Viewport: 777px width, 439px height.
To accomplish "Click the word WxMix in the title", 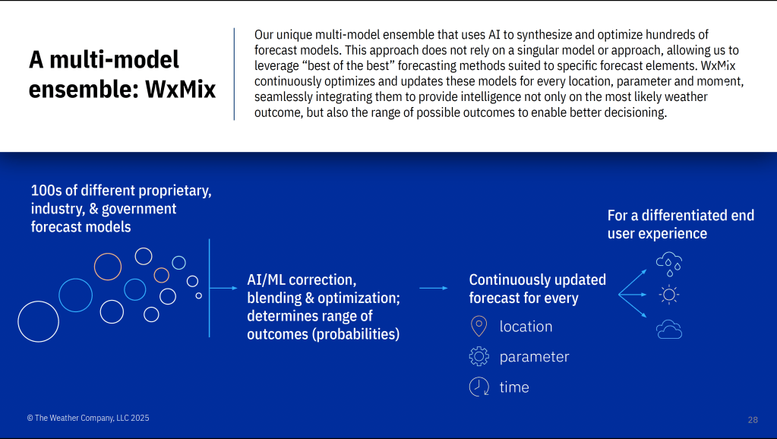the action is coord(180,89).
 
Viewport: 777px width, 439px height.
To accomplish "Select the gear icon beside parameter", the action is coord(479,356).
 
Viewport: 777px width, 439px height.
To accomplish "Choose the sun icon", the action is coord(669,295).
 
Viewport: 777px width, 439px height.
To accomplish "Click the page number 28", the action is coord(753,420).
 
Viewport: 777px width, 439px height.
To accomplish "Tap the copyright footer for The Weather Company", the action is coord(87,418).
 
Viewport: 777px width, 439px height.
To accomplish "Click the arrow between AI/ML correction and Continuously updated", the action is coord(434,288).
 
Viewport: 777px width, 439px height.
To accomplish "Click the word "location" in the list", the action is coord(526,327).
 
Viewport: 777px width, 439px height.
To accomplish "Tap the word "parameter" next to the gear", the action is coord(534,357).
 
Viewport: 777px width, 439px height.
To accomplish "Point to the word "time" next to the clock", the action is coord(514,387).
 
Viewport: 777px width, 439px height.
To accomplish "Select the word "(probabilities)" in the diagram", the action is coord(355,334).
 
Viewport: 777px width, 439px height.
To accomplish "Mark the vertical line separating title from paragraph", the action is coord(234,74).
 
